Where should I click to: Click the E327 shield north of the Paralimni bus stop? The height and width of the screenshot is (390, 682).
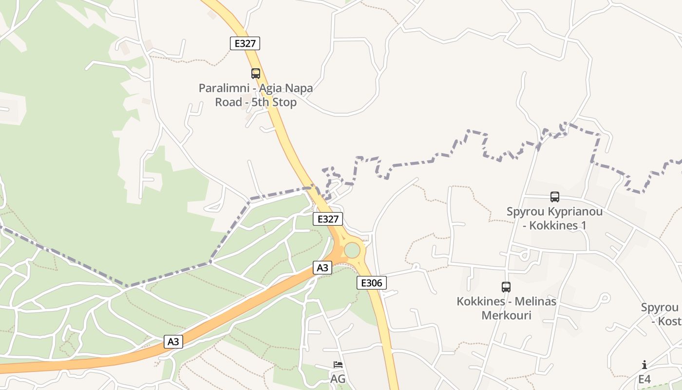pyautogui.click(x=245, y=43)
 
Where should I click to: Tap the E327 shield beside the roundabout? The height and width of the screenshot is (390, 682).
pyautogui.click(x=328, y=219)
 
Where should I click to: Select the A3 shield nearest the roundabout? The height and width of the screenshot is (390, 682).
pyautogui.click(x=322, y=268)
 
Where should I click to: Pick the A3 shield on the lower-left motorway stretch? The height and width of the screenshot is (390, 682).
pyautogui.click(x=173, y=342)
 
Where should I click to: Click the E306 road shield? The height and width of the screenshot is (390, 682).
pyautogui.click(x=372, y=283)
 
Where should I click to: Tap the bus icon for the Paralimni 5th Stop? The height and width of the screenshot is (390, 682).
pyautogui.click(x=256, y=74)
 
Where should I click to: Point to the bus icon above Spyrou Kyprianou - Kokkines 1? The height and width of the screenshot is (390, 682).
pyautogui.click(x=555, y=197)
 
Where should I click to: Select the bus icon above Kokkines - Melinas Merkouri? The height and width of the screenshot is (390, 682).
pyautogui.click(x=506, y=287)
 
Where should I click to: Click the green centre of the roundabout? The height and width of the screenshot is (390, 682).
pyautogui.click(x=352, y=251)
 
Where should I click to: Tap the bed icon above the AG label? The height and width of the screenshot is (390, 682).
pyautogui.click(x=338, y=365)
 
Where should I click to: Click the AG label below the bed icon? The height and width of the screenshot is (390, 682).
pyautogui.click(x=338, y=379)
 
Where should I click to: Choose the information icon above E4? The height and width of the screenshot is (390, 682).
pyautogui.click(x=644, y=365)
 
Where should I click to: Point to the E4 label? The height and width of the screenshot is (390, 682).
pyautogui.click(x=644, y=379)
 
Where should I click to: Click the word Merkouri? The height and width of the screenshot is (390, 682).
pyautogui.click(x=506, y=315)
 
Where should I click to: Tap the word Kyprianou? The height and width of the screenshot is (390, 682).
pyautogui.click(x=575, y=212)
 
